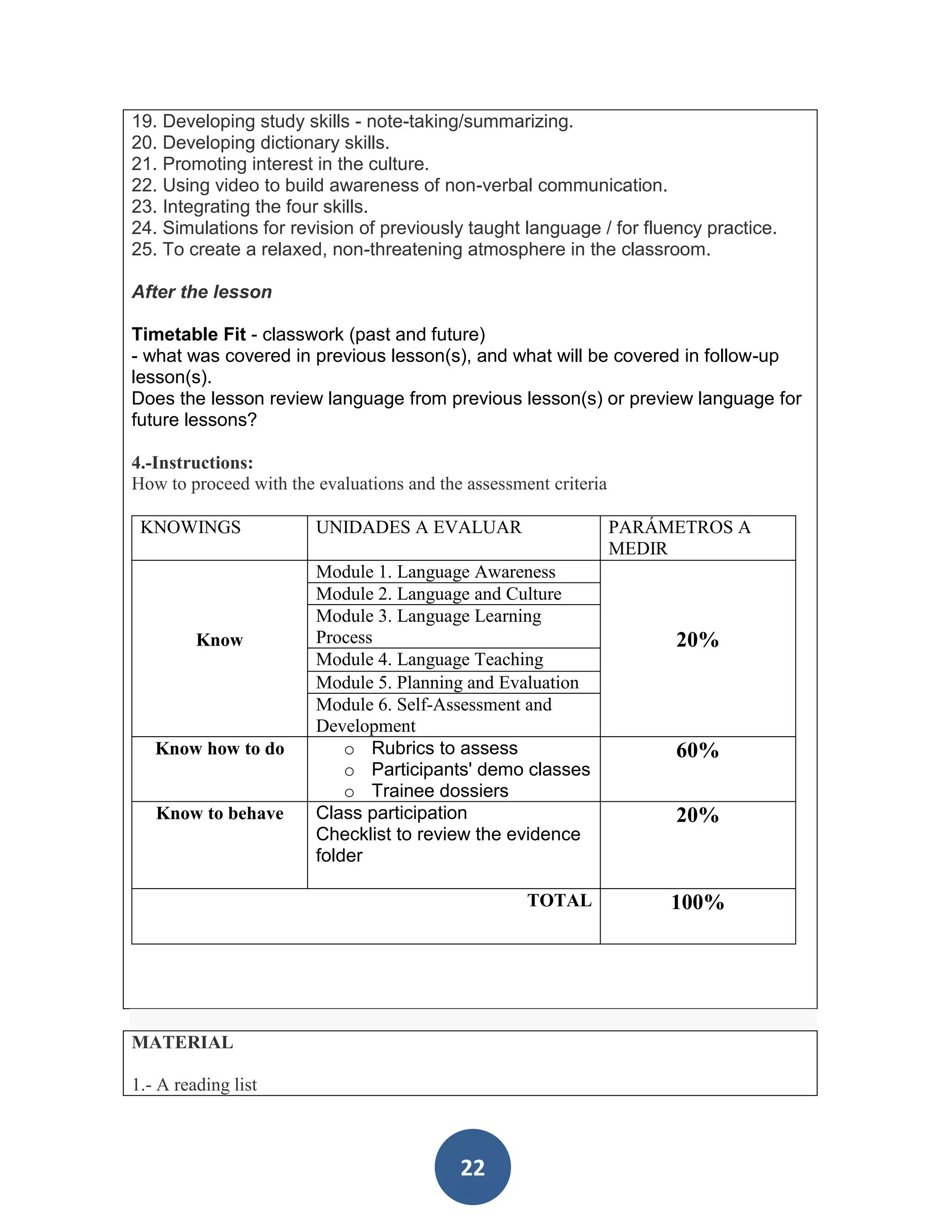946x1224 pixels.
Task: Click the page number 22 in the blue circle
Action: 473,1167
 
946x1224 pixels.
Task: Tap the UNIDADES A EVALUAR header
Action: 418,527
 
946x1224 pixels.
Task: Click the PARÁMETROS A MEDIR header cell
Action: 679,538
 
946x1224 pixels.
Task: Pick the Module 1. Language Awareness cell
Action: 436,572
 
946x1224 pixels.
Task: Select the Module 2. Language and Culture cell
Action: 438,594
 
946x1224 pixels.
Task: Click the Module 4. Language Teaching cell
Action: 429,660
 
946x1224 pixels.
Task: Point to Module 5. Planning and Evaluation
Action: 447,683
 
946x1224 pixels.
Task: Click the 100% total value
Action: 697,903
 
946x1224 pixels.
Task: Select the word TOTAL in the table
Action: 559,901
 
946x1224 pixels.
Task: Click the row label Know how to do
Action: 220,749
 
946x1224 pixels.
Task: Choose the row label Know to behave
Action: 220,813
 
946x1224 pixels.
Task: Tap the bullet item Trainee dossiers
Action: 439,791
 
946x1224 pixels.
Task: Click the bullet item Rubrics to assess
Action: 444,748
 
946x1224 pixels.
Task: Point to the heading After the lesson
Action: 202,292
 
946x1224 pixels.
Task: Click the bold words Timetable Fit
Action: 188,334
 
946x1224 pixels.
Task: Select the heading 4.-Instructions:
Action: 192,463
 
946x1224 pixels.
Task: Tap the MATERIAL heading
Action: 182,1042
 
